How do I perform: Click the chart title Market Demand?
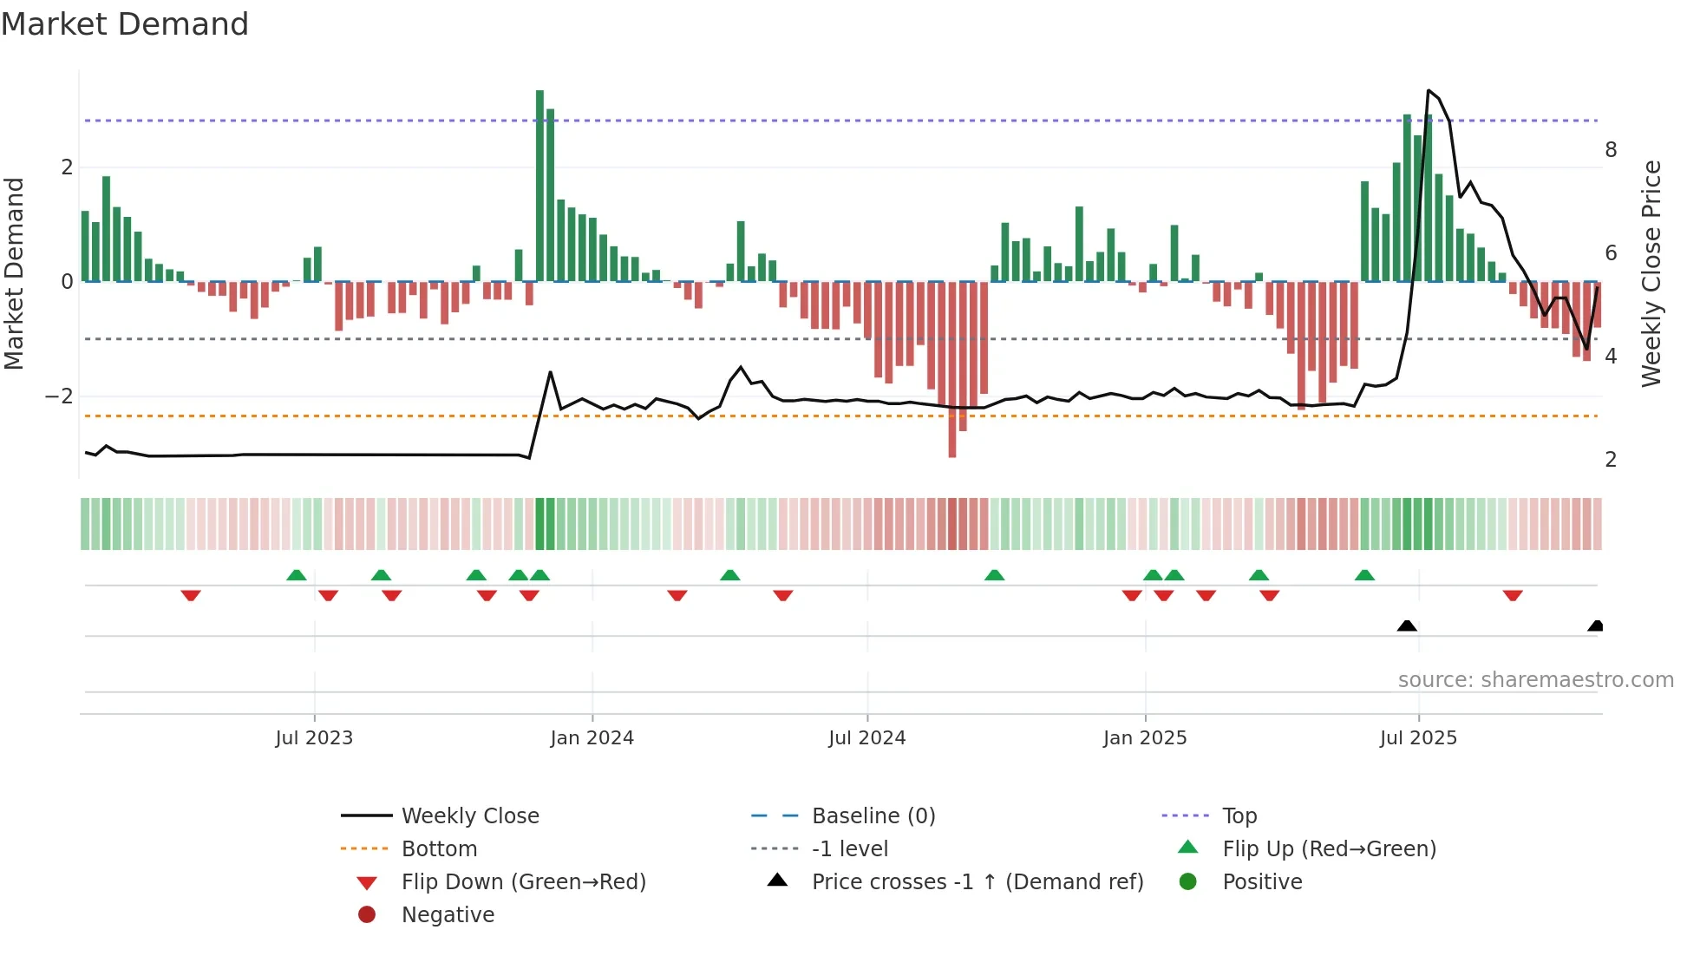[x=125, y=24]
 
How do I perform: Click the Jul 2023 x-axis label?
[x=314, y=738]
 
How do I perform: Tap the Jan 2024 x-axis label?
[x=592, y=738]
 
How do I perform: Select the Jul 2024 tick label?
[x=867, y=738]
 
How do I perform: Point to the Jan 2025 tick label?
[x=1145, y=738]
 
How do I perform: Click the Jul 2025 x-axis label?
[x=1419, y=738]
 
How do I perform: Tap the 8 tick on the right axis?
[x=1611, y=150]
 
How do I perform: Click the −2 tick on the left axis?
[x=60, y=396]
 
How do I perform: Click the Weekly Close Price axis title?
[x=1651, y=273]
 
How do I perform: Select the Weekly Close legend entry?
[x=470, y=816]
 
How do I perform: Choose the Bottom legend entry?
[x=439, y=849]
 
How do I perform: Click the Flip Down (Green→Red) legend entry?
[x=523, y=882]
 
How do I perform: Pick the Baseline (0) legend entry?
[x=873, y=816]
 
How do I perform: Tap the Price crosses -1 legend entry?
[x=977, y=882]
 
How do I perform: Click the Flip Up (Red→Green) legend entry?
[x=1329, y=849]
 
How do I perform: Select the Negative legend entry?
[x=448, y=915]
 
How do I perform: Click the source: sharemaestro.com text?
[x=1535, y=680]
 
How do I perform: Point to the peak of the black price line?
[x=1429, y=90]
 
